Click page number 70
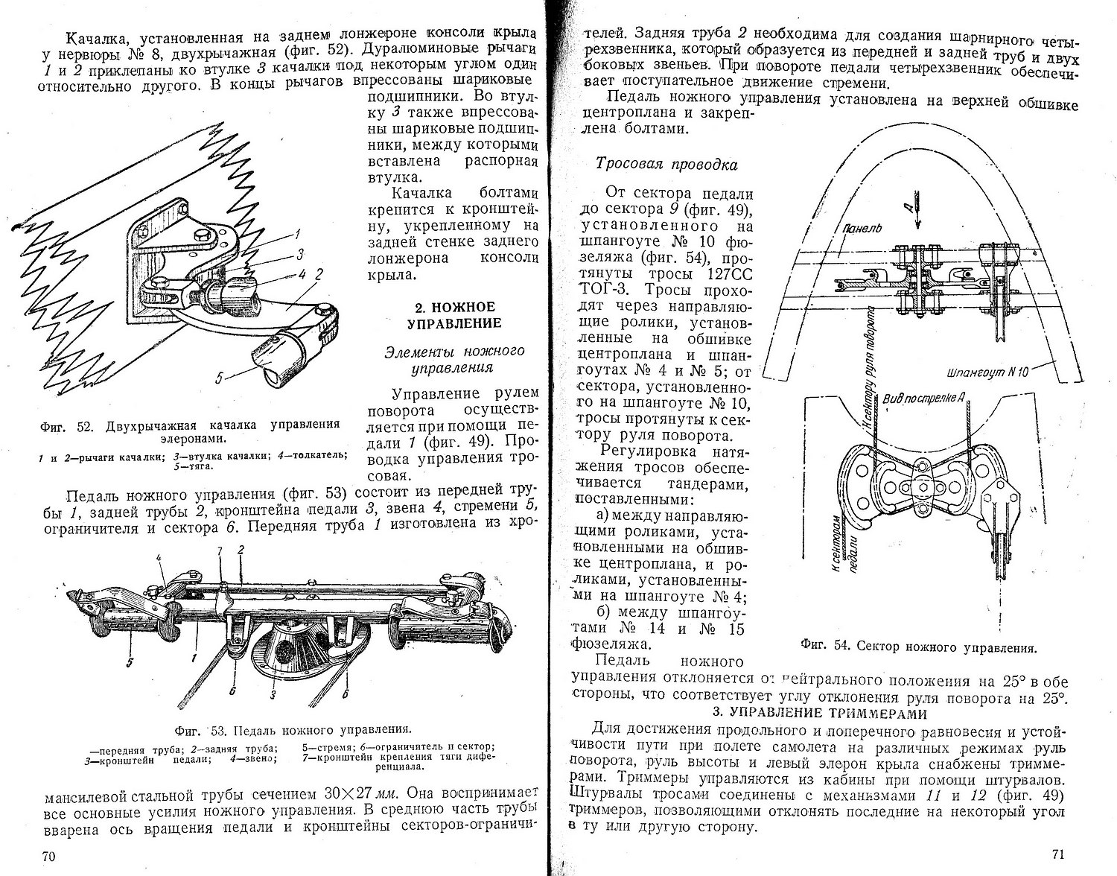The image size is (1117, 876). (48, 856)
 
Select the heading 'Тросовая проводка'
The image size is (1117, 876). (666, 165)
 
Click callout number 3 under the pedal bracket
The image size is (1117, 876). (273, 696)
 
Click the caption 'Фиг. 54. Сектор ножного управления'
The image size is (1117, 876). (919, 647)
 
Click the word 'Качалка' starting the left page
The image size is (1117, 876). (95, 37)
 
